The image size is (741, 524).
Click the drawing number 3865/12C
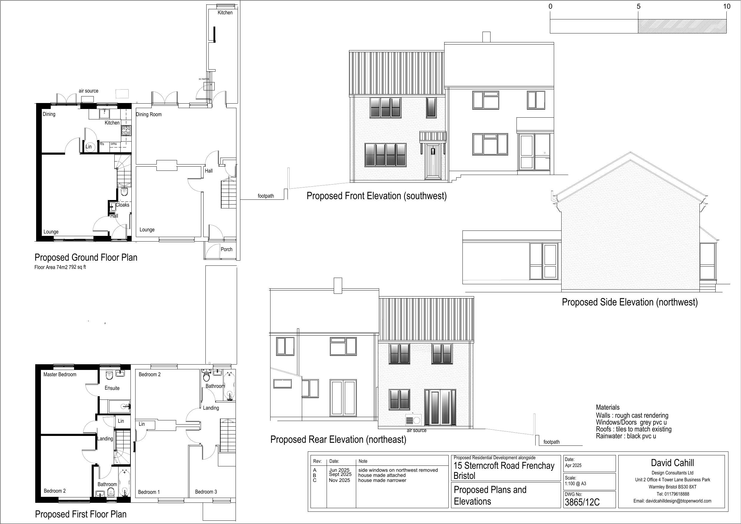[582, 502]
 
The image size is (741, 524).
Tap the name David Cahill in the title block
[672, 463]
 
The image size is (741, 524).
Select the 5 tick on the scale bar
[638, 7]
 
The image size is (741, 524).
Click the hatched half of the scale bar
[682, 26]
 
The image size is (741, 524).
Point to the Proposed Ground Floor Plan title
[86, 257]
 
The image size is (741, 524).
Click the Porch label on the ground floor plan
[227, 249]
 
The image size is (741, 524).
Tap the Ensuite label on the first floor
[112, 388]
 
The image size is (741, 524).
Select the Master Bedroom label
[60, 374]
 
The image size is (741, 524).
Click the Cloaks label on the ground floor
[123, 205]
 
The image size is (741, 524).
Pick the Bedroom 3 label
[206, 492]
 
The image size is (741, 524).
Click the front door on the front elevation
[433, 162]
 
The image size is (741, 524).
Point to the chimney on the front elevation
[486, 37]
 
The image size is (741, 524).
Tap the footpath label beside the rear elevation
[551, 442]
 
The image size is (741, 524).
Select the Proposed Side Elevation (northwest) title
[630, 302]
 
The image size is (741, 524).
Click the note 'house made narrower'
[382, 480]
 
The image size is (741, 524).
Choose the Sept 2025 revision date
[340, 474]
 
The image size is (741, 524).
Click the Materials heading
[608, 408]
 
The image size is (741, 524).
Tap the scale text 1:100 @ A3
[575, 484]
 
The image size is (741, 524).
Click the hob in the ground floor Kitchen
[126, 130]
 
